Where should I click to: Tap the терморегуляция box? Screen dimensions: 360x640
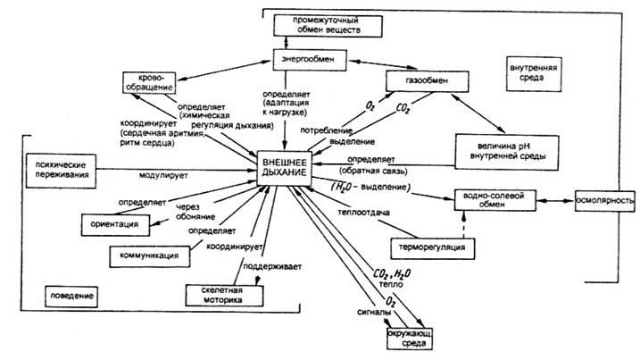click(x=428, y=246)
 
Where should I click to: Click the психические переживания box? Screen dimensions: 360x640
click(x=58, y=171)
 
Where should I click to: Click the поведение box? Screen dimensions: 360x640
click(x=71, y=294)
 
